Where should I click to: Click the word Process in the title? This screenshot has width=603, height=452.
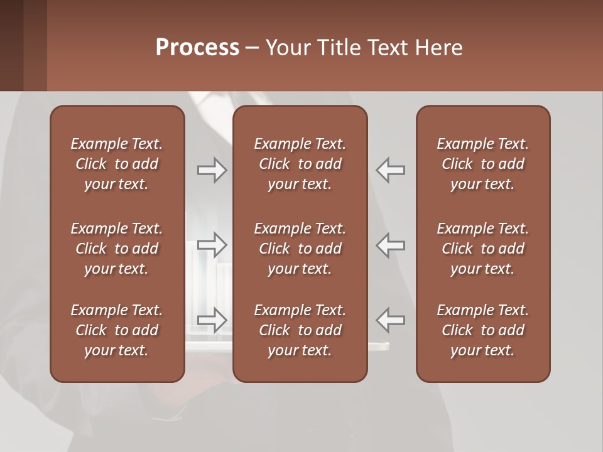[197, 48]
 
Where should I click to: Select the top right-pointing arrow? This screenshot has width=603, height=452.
[212, 170]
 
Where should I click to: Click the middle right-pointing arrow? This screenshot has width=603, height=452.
[212, 245]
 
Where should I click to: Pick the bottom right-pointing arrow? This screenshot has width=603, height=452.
[212, 320]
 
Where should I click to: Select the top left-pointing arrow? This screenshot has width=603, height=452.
[391, 170]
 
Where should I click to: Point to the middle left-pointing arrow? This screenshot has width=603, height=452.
[391, 245]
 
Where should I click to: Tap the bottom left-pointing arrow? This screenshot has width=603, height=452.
[391, 320]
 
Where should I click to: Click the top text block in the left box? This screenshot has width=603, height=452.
[117, 164]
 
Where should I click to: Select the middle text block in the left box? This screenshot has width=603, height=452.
[117, 249]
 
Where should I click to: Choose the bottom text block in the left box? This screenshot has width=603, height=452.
[117, 330]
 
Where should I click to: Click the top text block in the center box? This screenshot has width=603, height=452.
[300, 164]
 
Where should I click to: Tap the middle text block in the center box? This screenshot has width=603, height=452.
[300, 249]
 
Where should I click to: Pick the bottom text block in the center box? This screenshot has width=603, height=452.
[300, 330]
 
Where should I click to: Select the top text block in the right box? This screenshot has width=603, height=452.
[483, 164]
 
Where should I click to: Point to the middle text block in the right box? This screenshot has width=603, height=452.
[483, 249]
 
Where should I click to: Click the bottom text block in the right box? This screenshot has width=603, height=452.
[483, 330]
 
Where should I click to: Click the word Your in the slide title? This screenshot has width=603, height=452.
[286, 48]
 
